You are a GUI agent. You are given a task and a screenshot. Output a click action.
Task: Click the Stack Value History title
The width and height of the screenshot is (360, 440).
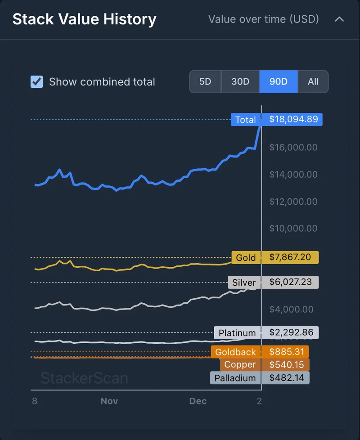tap(85, 19)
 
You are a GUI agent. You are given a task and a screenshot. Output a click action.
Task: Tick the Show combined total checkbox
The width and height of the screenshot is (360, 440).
tap(37, 82)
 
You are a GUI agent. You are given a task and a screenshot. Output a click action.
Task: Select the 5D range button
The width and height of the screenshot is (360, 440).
tap(205, 82)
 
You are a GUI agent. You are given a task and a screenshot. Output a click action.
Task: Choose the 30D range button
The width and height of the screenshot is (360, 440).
tap(240, 82)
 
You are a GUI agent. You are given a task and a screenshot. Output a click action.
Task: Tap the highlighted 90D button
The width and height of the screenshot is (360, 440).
tap(278, 82)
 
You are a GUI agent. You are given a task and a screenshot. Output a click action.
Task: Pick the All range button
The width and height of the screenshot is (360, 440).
tap(313, 82)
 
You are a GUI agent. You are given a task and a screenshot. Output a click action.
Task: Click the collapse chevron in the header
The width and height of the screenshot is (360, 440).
tap(339, 19)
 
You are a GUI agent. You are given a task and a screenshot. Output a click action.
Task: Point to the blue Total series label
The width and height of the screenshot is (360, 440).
tap(246, 120)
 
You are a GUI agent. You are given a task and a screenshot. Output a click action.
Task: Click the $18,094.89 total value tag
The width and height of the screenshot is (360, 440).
tap(293, 120)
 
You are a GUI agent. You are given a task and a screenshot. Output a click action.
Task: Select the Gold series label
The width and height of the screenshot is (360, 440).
tap(246, 258)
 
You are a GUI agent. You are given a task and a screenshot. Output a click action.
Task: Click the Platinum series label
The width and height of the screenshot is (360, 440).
tap(237, 333)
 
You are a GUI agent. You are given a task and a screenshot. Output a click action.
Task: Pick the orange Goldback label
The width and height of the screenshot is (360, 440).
tap(235, 352)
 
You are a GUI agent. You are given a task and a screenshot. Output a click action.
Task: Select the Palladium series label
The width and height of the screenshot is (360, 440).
tap(235, 378)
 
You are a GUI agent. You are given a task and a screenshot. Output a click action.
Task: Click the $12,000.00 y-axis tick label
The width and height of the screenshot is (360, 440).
tap(293, 202)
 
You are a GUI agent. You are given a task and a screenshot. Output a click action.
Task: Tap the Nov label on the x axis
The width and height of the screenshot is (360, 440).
tap(109, 401)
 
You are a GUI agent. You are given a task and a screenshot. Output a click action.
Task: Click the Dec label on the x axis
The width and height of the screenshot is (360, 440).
tap(198, 401)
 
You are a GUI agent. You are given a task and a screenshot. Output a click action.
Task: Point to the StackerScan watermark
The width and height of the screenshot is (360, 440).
tap(84, 378)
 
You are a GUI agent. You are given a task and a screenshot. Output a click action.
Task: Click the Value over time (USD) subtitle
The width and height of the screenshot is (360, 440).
tap(263, 19)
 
